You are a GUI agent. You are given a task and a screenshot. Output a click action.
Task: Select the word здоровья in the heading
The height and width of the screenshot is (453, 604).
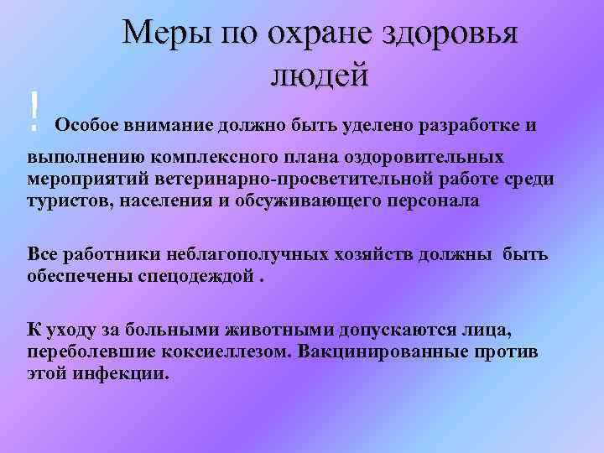[450, 36]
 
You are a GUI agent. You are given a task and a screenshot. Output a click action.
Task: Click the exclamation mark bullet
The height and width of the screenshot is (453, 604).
[34, 112]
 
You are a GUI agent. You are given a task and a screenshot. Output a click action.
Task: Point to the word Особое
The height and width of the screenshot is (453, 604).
[86, 126]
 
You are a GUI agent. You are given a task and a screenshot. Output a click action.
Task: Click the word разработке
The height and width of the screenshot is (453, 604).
[462, 126]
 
